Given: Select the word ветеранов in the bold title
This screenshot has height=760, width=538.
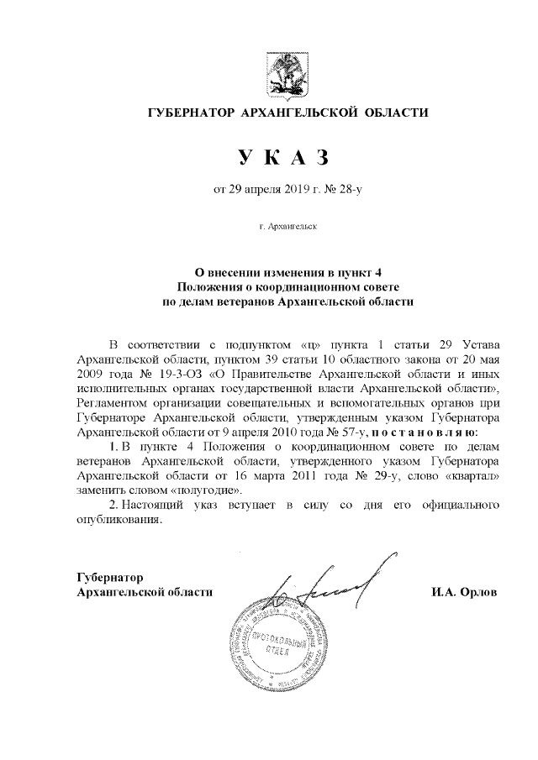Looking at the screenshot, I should pos(241,300).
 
